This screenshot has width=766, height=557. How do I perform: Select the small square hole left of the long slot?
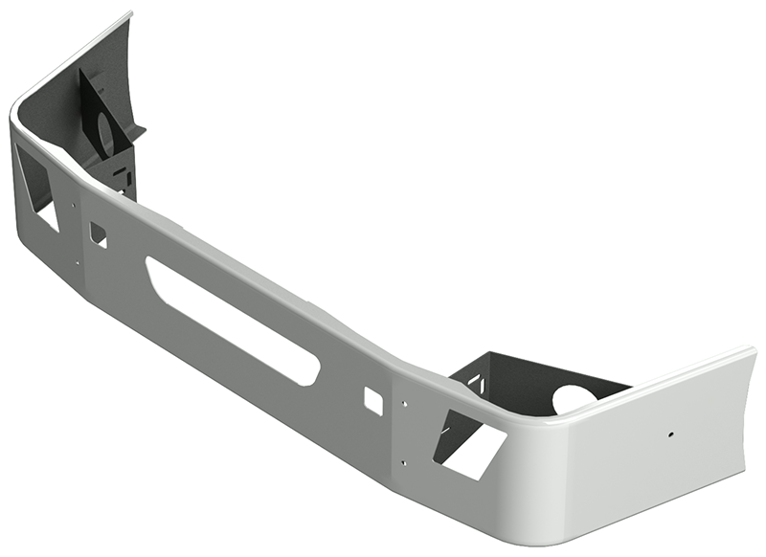[98, 234]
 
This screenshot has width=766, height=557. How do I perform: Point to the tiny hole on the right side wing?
[670, 434]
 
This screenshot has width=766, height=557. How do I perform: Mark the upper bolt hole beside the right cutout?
[406, 405]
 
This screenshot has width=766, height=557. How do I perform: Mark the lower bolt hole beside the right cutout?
[406, 463]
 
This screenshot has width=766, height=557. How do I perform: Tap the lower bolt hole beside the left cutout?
[77, 262]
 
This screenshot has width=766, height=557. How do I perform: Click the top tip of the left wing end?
[129, 13]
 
